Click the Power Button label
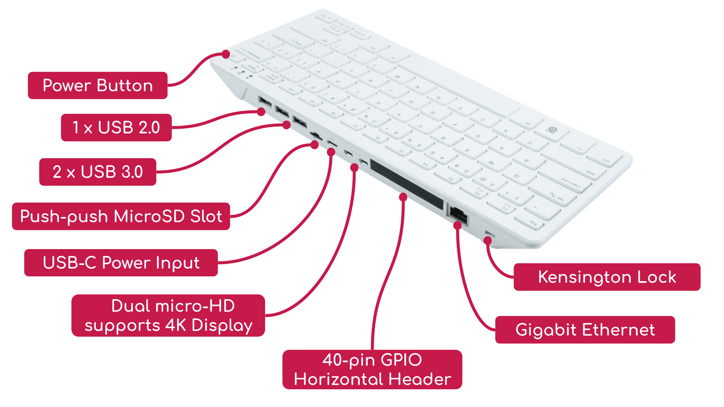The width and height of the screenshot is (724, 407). click(x=98, y=86)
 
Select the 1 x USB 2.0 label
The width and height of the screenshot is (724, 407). click(x=116, y=127)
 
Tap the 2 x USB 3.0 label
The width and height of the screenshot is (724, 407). click(x=98, y=172)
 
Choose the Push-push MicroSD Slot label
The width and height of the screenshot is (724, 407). click(x=121, y=216)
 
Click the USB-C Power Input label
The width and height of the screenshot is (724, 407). click(x=121, y=263)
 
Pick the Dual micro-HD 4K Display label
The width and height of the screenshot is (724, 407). click(x=168, y=315)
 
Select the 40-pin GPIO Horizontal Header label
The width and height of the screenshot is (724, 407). click(x=372, y=369)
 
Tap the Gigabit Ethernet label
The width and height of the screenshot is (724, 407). click(x=585, y=330)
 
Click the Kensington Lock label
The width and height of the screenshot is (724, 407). click(x=607, y=277)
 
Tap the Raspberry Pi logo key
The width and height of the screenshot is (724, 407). click(x=552, y=130)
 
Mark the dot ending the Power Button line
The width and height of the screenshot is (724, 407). click(x=226, y=54)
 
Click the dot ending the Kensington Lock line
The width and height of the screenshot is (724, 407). click(x=488, y=240)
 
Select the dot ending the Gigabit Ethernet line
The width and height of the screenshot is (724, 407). click(x=457, y=226)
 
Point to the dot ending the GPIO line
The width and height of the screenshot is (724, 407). click(x=403, y=197)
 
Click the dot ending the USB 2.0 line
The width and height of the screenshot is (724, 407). click(x=261, y=112)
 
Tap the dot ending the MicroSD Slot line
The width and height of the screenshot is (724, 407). click(x=314, y=145)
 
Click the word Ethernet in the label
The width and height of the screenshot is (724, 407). click(x=619, y=330)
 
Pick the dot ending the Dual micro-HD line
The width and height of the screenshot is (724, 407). click(x=354, y=168)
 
